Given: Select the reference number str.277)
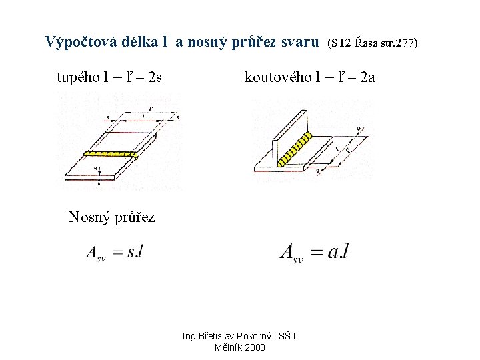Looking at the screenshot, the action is coord(399,43).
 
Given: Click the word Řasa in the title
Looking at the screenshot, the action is coord(365,43).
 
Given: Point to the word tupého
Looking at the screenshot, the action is coord(77,77).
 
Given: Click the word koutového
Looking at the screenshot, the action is coord(275,77).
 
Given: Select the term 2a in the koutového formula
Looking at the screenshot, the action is coord(367,77).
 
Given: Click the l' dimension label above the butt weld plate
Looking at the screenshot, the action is coord(153,107).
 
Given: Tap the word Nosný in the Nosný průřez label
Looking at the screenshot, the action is coord(90,217).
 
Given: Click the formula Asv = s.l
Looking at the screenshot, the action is coord(114,252).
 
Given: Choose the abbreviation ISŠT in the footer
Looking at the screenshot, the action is coord(287,336).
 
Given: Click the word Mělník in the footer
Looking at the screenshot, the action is coord(227,347).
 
